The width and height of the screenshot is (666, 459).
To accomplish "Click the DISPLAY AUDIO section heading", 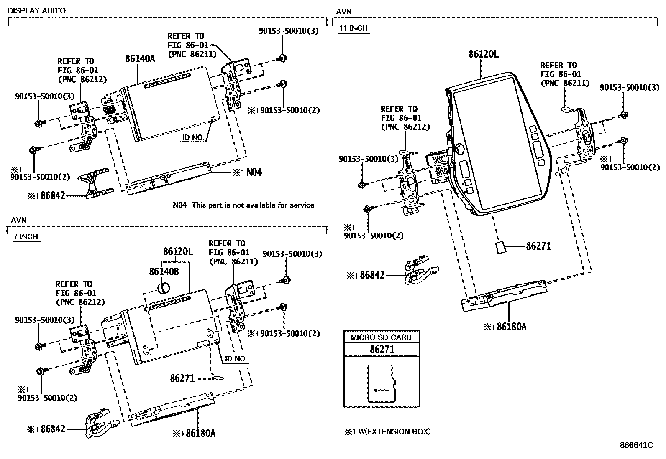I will coord(37,11).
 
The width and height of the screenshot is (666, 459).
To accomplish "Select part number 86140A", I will coord(140,59).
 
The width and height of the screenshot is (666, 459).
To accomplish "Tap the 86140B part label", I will coord(164,272).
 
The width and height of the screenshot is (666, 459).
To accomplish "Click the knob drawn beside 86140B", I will coord(164,288).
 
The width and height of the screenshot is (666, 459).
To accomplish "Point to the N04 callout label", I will coord(254,172).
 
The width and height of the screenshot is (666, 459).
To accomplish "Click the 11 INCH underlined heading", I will coord(353,28).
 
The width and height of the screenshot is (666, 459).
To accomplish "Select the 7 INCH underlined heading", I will coord(26,237).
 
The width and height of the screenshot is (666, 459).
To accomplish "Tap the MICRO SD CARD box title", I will coord(381,337).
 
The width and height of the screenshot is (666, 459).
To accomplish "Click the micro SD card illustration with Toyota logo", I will coord(381,384).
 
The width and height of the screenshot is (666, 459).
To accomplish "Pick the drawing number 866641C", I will coord(636,445).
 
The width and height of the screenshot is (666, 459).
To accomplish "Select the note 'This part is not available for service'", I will coord(253,205).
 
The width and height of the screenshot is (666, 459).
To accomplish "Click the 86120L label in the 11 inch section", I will coord(483,54).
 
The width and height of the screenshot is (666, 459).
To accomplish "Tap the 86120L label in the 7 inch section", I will coord(178,252).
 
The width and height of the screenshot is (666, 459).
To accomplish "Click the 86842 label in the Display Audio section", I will coord(53,195).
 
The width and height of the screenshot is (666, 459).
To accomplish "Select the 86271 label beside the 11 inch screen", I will coord(538,246).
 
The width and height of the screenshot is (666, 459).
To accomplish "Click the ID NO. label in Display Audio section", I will coord(193,137).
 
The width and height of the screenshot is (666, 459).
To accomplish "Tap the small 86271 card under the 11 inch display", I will coord(500,247).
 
